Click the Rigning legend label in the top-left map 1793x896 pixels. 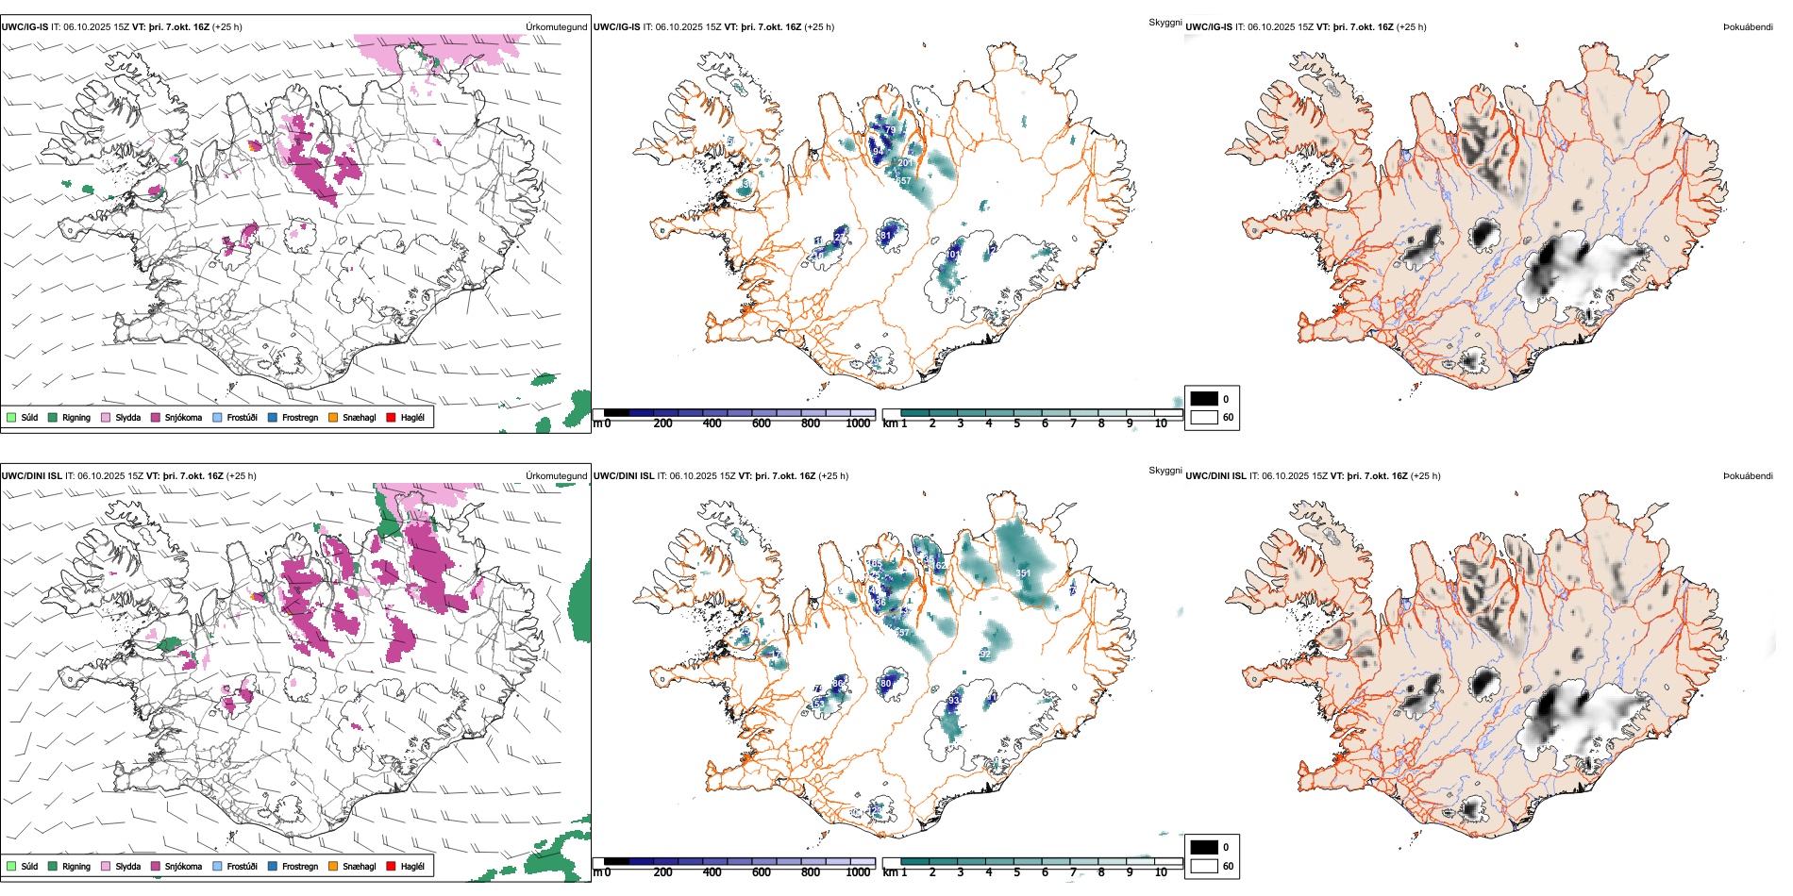tap(76, 418)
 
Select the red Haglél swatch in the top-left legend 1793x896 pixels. tap(391, 418)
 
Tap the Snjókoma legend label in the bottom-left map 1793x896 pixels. tap(183, 867)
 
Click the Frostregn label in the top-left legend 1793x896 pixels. tap(300, 418)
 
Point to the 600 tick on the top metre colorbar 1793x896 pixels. tap(762, 423)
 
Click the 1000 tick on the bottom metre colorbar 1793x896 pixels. tap(858, 872)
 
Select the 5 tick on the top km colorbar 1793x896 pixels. tap(1017, 423)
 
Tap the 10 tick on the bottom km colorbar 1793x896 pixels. tap(1161, 872)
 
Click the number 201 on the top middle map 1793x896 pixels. tap(905, 163)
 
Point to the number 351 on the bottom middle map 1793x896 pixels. tap(1023, 573)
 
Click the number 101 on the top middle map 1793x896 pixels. tap(953, 254)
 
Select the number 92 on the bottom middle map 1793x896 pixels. tap(985, 654)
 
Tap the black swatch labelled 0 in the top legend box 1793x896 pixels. tap(1204, 399)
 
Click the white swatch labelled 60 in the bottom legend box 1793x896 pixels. tap(1204, 866)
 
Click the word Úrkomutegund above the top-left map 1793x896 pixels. tap(556, 27)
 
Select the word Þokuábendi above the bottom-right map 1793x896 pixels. tap(1748, 476)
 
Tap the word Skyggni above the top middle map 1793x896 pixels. tap(1165, 22)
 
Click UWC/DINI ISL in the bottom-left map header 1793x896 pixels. tap(31, 476)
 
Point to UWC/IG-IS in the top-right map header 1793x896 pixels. tap(1209, 27)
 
